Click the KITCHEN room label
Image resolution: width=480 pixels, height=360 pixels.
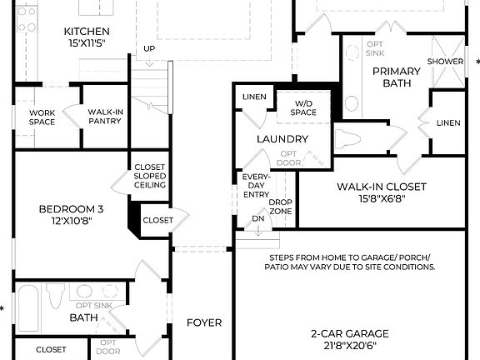(x=87, y=32)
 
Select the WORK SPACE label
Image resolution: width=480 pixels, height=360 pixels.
(x=42, y=117)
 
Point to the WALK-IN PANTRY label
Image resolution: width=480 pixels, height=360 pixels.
(x=105, y=116)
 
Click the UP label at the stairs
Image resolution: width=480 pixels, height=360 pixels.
(x=149, y=48)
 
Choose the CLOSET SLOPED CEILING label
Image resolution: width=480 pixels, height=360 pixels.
(x=150, y=177)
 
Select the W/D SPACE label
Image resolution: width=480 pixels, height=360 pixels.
(x=303, y=107)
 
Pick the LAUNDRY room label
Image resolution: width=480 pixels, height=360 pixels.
(x=282, y=139)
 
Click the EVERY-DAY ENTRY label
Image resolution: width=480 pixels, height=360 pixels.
(x=255, y=185)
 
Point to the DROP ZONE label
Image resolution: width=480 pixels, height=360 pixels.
(x=281, y=207)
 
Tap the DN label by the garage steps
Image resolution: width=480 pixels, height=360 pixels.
(x=257, y=219)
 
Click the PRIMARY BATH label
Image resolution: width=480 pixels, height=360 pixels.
(x=396, y=77)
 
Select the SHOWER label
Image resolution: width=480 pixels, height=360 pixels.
(x=446, y=62)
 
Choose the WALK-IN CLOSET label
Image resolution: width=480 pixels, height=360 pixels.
(x=381, y=187)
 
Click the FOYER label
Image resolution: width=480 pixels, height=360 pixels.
(x=203, y=322)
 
